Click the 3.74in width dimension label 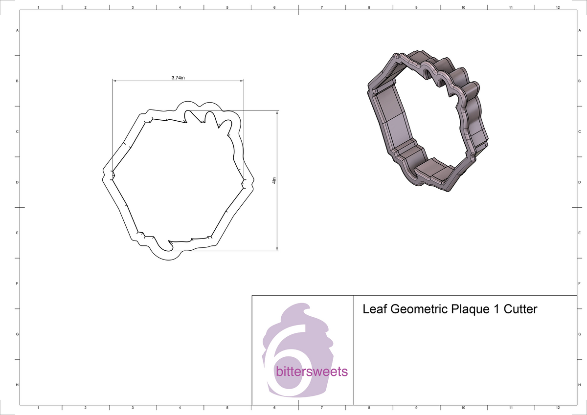coord(178,78)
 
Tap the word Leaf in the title coord(373,309)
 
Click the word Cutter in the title coord(520,309)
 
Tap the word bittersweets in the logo coord(312,372)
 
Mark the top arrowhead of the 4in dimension coord(277,112)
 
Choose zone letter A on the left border coord(18,30)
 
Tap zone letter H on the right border coord(579,385)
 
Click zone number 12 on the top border coord(558,8)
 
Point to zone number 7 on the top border coord(321,8)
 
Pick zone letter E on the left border coord(18,233)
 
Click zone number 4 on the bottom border coord(180,407)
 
